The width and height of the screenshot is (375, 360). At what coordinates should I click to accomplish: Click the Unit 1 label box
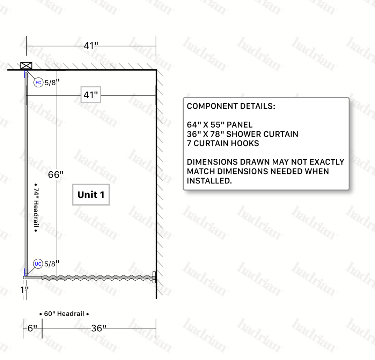[x=91, y=195]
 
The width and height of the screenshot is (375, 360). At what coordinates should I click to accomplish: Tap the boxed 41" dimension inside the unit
[x=91, y=95]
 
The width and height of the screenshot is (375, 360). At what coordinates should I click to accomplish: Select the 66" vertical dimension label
[x=56, y=174]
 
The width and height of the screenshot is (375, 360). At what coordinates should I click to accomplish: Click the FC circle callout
[x=38, y=82]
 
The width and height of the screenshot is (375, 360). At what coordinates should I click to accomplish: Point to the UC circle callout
[x=38, y=264]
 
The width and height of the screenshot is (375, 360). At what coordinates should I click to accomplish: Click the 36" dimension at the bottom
[x=99, y=328]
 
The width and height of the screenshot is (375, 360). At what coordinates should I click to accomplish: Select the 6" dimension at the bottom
[x=32, y=328]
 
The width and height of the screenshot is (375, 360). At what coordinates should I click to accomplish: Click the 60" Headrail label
[x=64, y=314]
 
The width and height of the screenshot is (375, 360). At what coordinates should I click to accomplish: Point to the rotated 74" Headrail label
[x=36, y=208]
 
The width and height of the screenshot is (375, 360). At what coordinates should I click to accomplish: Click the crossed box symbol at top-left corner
[x=26, y=66]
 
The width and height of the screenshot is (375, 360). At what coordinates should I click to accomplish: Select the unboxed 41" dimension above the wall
[x=91, y=45]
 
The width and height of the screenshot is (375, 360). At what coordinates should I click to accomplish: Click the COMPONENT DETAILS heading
[x=231, y=106]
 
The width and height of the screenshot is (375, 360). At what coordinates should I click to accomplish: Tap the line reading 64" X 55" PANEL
[x=220, y=125]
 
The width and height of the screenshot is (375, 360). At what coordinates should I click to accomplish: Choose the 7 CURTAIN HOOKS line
[x=223, y=143]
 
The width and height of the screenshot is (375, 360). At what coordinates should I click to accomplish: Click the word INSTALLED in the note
[x=209, y=181]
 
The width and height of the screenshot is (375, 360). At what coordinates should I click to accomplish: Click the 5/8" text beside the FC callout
[x=52, y=82]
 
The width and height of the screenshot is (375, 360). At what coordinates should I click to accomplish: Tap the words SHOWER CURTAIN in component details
[x=262, y=134]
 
